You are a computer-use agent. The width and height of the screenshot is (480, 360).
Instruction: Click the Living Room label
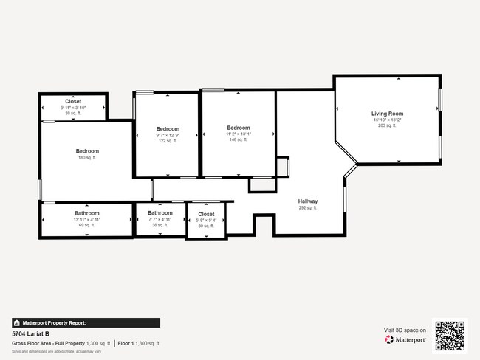[387, 114]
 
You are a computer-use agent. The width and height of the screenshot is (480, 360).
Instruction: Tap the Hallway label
[308, 201]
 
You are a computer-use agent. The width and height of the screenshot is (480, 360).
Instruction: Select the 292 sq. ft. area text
[308, 208]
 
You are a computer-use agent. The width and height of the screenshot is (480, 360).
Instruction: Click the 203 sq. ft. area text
[387, 126]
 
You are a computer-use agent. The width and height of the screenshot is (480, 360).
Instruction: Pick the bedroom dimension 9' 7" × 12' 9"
[168, 135]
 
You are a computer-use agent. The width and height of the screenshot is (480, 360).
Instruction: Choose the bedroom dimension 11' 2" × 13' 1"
[239, 134]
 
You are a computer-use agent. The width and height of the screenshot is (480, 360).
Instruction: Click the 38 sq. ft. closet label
[73, 114]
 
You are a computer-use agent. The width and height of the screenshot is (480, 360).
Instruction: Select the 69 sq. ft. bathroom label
[86, 226]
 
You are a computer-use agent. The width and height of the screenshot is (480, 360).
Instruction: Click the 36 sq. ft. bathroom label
[160, 226]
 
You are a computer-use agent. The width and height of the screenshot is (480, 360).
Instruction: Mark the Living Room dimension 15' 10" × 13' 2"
[387, 120]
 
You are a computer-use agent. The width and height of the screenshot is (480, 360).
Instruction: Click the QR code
[450, 336]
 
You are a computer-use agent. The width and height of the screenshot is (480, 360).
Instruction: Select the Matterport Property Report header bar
[86, 323]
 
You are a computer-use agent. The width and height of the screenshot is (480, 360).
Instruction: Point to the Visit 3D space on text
[405, 330]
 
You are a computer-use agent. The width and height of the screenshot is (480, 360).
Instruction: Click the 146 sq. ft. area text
[239, 139]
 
